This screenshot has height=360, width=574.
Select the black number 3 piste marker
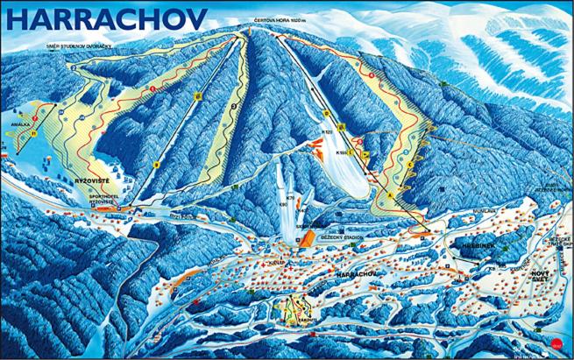coord(234,105)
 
